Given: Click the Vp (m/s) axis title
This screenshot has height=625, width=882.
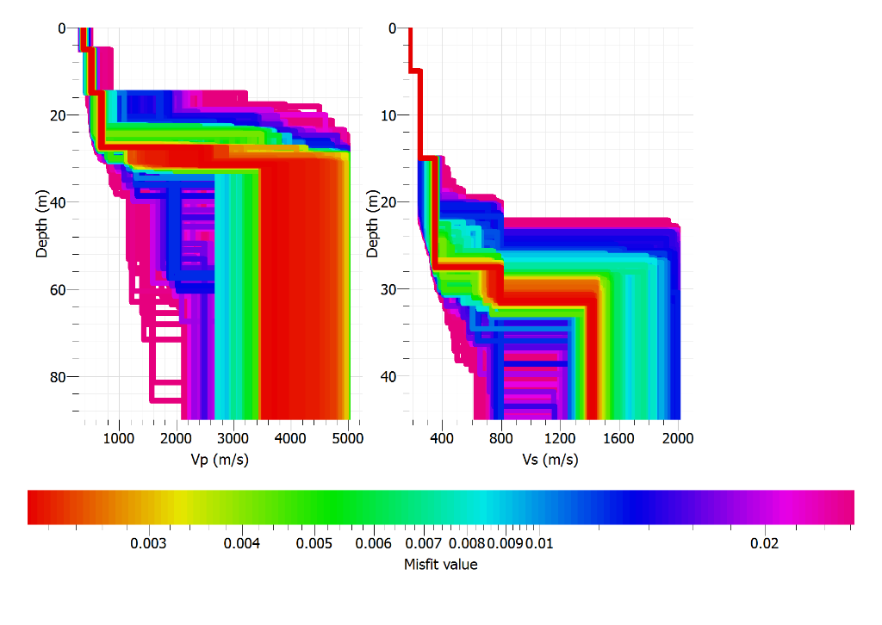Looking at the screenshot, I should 220,460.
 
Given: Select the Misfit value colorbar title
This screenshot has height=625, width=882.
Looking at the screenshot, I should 440,565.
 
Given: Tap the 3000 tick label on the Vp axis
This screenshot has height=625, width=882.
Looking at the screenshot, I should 233,438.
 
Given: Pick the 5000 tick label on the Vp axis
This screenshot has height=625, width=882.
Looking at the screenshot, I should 348,438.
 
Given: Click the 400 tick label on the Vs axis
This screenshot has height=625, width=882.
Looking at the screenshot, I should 441,438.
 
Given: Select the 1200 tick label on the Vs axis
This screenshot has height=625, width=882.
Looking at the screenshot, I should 560,438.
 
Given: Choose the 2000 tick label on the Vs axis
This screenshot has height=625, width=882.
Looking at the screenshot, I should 678,438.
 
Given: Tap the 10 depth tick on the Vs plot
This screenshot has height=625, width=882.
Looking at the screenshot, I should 389,115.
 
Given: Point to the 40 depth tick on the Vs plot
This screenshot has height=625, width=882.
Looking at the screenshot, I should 389,377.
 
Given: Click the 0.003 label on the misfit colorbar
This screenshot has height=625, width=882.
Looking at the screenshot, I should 148,544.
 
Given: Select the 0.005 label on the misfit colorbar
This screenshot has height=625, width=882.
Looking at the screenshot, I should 314,544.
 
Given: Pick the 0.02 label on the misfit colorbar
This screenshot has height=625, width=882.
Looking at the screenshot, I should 765,544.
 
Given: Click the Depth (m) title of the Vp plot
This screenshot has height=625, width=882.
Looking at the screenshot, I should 42,225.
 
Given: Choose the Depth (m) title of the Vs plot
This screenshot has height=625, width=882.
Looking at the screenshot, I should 373,225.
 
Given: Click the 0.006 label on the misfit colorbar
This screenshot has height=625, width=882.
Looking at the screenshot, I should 373,544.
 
